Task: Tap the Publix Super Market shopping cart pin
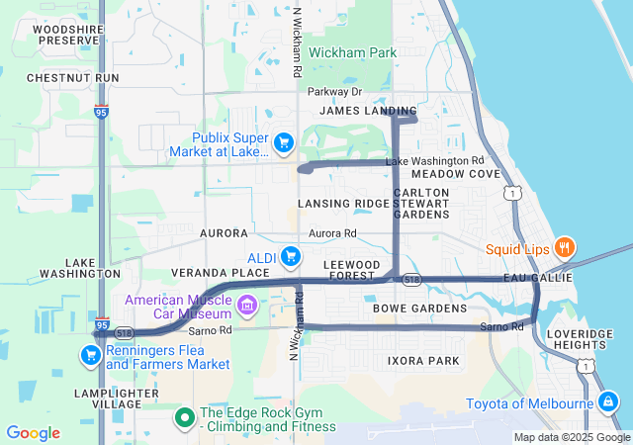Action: tap(284, 143)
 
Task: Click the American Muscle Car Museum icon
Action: tap(246, 303)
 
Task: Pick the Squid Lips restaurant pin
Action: tap(564, 248)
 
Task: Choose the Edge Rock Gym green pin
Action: tap(184, 419)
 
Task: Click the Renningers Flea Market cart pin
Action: tap(92, 354)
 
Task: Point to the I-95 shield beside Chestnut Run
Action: tap(102, 113)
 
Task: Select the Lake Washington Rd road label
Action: tap(434, 160)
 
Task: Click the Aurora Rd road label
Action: tap(332, 233)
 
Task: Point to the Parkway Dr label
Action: tap(334, 92)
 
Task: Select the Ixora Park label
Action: tap(423, 361)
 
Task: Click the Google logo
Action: tap(34, 433)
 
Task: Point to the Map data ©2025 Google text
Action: tap(572, 437)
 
